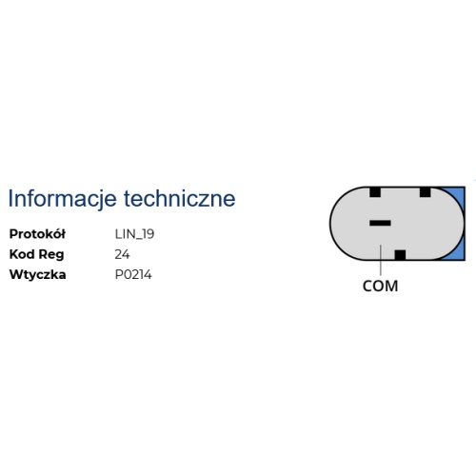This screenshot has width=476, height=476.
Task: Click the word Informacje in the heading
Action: pos(62,199)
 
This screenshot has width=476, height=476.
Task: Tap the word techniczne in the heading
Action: pos(180,198)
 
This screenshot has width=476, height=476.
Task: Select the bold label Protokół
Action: pos(37,234)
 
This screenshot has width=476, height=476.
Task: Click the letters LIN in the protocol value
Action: pos(124,234)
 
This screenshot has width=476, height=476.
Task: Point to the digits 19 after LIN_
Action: pos(148,234)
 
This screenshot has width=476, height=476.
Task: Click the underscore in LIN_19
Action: pos(136,240)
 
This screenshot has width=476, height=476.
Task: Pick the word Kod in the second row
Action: pos(22,254)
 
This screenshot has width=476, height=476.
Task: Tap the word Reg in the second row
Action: pos(51,255)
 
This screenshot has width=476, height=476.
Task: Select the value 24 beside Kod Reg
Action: pos(122,254)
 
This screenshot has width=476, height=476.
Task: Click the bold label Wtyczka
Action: pos(38,275)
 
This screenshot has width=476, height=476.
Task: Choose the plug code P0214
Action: pos(133,275)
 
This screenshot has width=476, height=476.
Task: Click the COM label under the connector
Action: pos(380,287)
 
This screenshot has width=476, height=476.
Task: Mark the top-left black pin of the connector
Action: pos(375,192)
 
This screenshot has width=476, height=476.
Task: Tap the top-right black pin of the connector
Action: pos(426,192)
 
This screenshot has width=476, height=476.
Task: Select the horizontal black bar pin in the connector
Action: pos(380,223)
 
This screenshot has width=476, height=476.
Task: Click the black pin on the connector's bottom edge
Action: pos(400,255)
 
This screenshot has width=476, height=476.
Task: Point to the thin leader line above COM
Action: pos(381,260)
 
